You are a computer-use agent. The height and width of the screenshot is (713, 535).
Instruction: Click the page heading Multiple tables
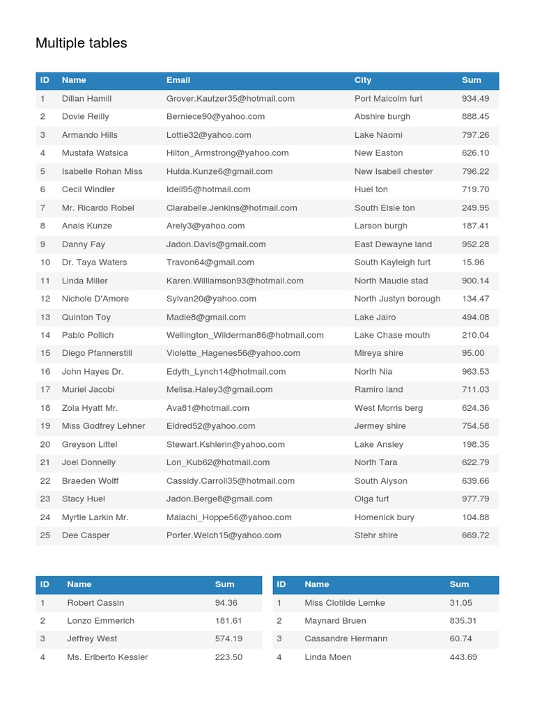(x=81, y=43)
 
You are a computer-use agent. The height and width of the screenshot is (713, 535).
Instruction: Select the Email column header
(x=178, y=80)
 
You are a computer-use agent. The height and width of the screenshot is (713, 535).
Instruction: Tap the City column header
(x=363, y=80)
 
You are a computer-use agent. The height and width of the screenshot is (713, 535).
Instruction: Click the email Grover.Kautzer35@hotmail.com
(x=231, y=99)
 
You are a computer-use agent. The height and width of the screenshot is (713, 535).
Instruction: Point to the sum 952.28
(x=476, y=244)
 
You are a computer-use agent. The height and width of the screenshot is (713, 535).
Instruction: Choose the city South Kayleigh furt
(x=392, y=263)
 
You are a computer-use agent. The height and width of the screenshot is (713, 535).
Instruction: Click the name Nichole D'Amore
(x=95, y=299)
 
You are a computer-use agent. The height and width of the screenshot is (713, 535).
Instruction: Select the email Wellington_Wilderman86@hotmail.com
(x=245, y=335)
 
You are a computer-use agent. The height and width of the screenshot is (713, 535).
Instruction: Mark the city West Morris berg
(x=389, y=408)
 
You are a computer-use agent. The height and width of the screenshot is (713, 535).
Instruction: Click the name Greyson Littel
(x=89, y=444)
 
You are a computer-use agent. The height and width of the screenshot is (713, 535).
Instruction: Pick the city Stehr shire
(x=376, y=535)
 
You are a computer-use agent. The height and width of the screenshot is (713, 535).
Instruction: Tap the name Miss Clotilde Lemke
(x=345, y=603)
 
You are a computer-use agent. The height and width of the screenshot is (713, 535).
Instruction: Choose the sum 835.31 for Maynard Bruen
(x=463, y=620)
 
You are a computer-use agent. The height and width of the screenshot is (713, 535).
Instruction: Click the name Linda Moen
(x=328, y=657)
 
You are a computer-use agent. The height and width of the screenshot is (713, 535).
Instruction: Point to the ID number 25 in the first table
(x=45, y=535)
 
